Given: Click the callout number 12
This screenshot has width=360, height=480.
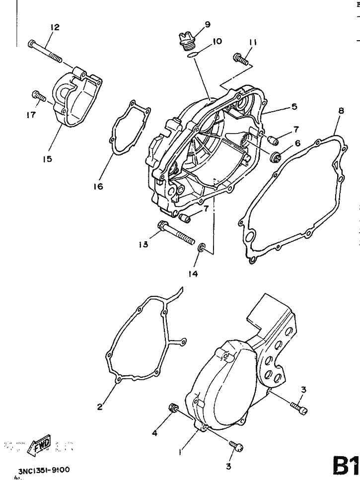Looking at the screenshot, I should click(55, 27).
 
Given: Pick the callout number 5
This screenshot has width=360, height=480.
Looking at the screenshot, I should click(294, 106).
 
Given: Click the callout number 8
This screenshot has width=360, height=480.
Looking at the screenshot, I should click(341, 111).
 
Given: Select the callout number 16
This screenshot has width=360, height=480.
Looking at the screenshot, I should click(97, 186).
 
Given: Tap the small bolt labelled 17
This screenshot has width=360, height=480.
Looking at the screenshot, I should click(37, 95).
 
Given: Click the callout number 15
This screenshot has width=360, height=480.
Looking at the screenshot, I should click(47, 159).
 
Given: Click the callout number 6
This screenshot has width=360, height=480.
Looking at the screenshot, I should click(297, 143).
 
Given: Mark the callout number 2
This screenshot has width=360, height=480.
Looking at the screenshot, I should click(100, 407).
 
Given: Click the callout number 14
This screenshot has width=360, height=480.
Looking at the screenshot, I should click(193, 274).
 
